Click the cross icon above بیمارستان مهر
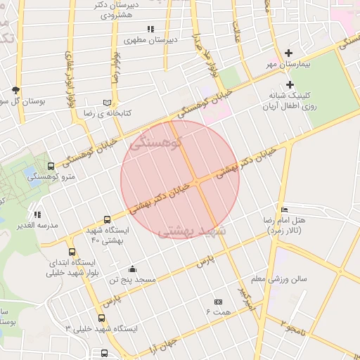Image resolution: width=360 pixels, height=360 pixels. point(288,53)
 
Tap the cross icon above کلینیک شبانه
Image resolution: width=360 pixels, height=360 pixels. point(289,84)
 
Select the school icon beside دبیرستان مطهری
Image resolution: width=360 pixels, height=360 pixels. point(150,29)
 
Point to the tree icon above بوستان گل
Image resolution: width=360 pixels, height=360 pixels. point(15,90)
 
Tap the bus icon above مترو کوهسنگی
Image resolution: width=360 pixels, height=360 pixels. point(51,167)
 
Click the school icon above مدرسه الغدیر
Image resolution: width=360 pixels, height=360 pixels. point(37,214)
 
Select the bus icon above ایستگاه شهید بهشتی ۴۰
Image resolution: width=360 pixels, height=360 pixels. point(107,219)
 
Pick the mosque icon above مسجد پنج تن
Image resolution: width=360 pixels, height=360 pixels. point(132,269)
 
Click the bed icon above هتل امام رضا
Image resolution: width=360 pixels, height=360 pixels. point(284,210)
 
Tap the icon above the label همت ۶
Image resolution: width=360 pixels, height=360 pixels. point(217,300)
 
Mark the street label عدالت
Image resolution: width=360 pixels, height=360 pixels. point(238,29)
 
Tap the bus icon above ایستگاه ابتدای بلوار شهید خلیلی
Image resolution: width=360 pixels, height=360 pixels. point(72,252)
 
